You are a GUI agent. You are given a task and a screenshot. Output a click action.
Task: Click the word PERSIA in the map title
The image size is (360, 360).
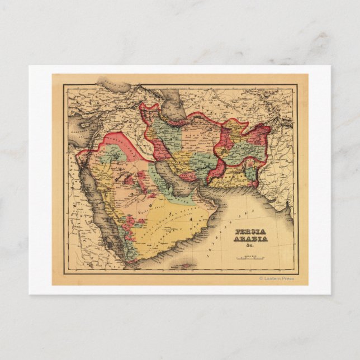pos(250,231)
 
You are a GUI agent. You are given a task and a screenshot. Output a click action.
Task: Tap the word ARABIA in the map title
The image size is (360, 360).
pos(250,239)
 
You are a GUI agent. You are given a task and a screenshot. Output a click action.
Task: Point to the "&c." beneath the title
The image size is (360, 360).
pos(244,247)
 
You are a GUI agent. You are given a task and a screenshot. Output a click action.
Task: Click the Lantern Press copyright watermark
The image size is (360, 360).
pos(276,278)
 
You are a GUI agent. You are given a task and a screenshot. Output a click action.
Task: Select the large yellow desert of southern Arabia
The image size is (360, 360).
pos(168,224)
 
